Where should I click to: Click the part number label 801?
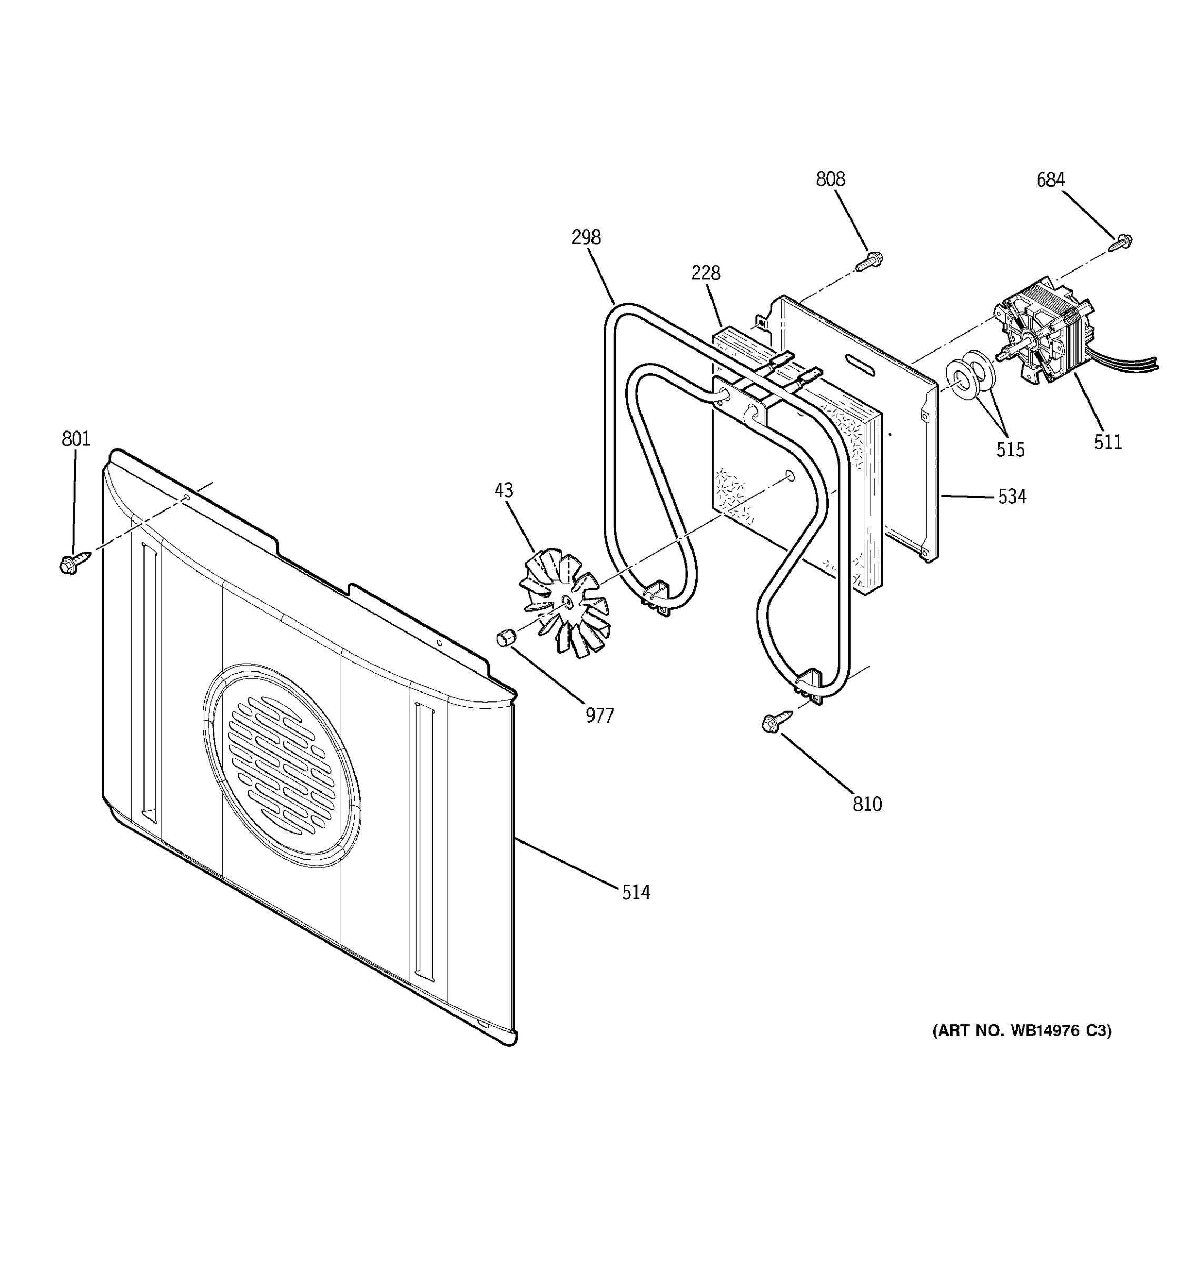click(76, 439)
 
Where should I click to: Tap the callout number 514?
click(636, 893)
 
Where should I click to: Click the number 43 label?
click(503, 490)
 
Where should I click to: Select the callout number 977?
click(599, 716)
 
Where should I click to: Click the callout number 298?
click(586, 238)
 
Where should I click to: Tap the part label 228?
click(706, 273)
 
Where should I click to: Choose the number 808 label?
click(830, 180)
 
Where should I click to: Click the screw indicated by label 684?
click(1121, 242)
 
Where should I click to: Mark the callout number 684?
click(1050, 181)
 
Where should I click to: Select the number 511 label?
click(1108, 442)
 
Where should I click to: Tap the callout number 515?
click(1010, 450)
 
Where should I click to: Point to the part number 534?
click(1011, 496)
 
